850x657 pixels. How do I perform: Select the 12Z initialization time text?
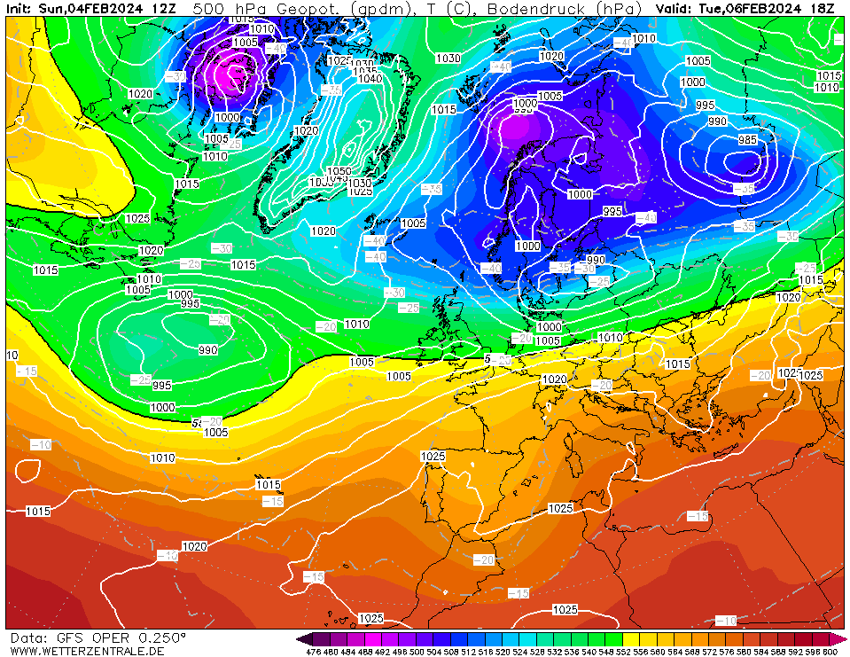[163, 9]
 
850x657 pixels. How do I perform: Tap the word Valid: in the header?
[675, 9]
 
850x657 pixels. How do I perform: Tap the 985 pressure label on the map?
[748, 139]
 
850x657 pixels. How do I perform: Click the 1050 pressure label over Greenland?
[339, 171]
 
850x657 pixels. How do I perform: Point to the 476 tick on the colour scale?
[313, 652]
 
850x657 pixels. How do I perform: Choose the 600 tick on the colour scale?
[830, 652]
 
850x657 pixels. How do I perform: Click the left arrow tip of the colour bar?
[300, 638]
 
